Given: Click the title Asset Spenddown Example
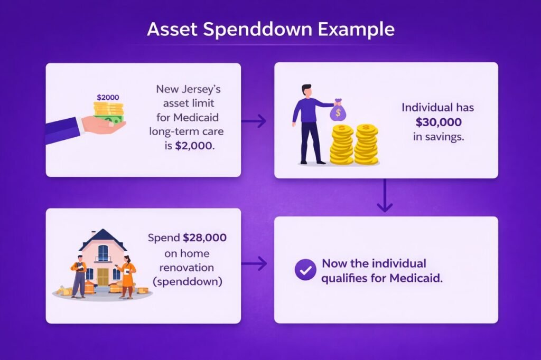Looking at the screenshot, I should [x=270, y=29].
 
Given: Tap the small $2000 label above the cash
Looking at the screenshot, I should [x=108, y=98].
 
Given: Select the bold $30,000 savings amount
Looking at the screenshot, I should [x=438, y=122].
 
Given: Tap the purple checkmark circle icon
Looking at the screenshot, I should [x=305, y=270].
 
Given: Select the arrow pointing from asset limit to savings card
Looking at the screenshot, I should [x=254, y=121].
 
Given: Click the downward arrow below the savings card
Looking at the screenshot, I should [x=385, y=196].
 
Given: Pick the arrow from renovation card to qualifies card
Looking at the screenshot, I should [x=254, y=263].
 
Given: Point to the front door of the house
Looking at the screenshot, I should [x=102, y=276].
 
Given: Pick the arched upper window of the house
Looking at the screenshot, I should [x=103, y=253].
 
